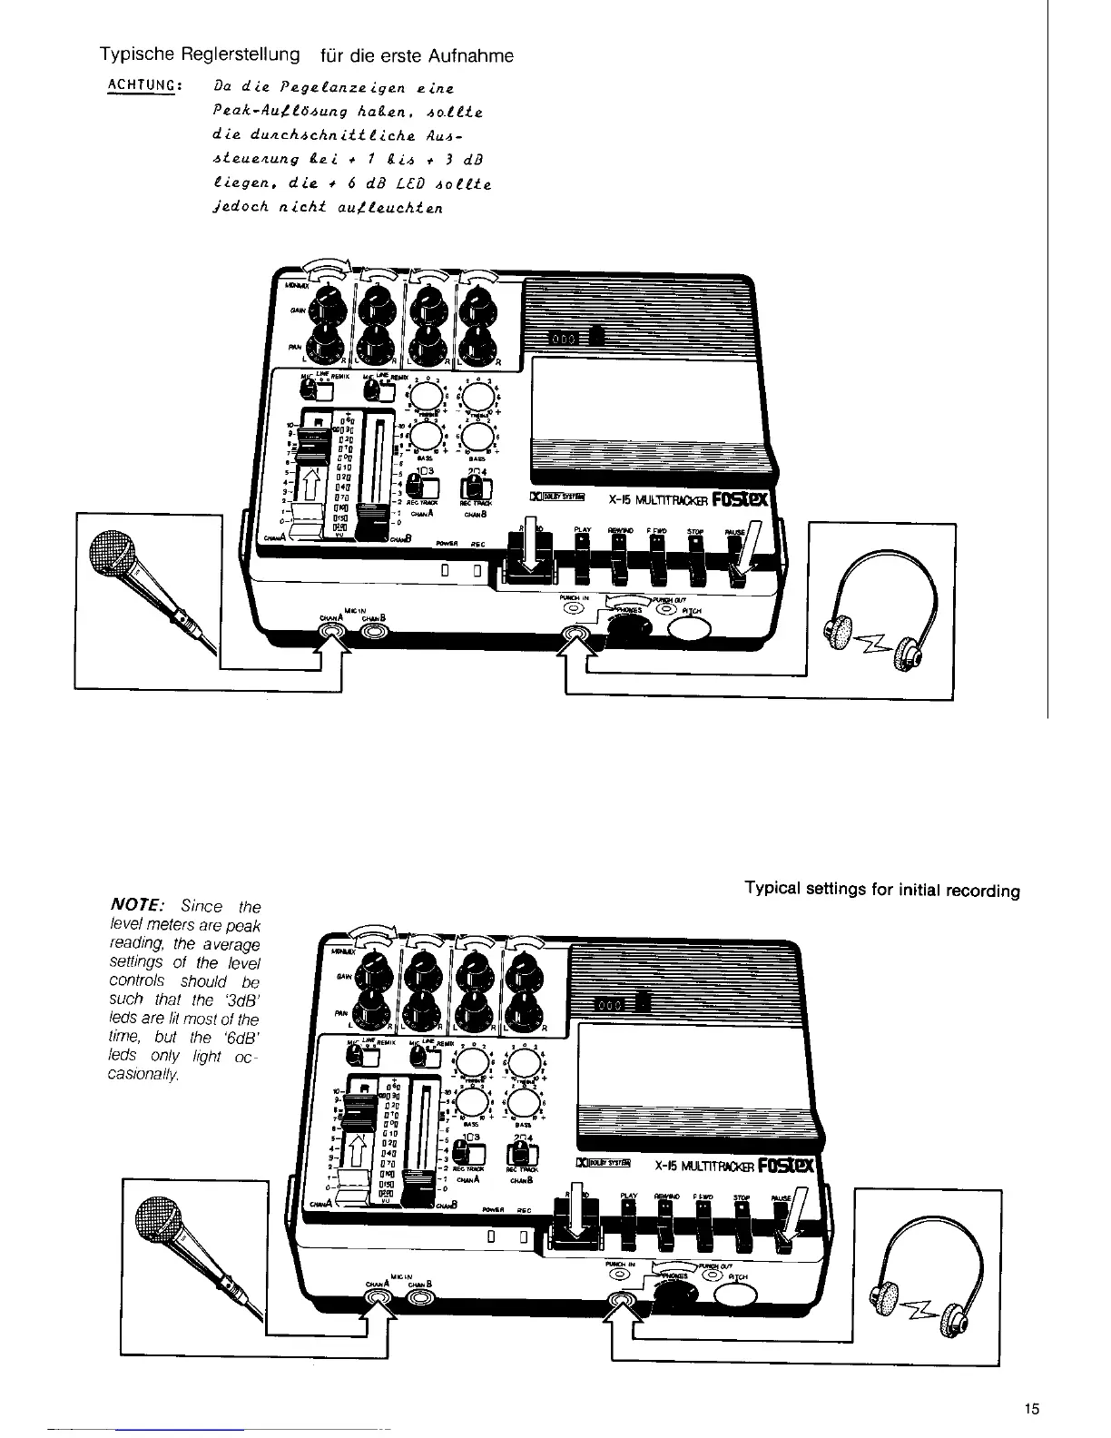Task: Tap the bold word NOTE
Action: pos(137,906)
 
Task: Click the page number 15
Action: pos(1030,1409)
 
